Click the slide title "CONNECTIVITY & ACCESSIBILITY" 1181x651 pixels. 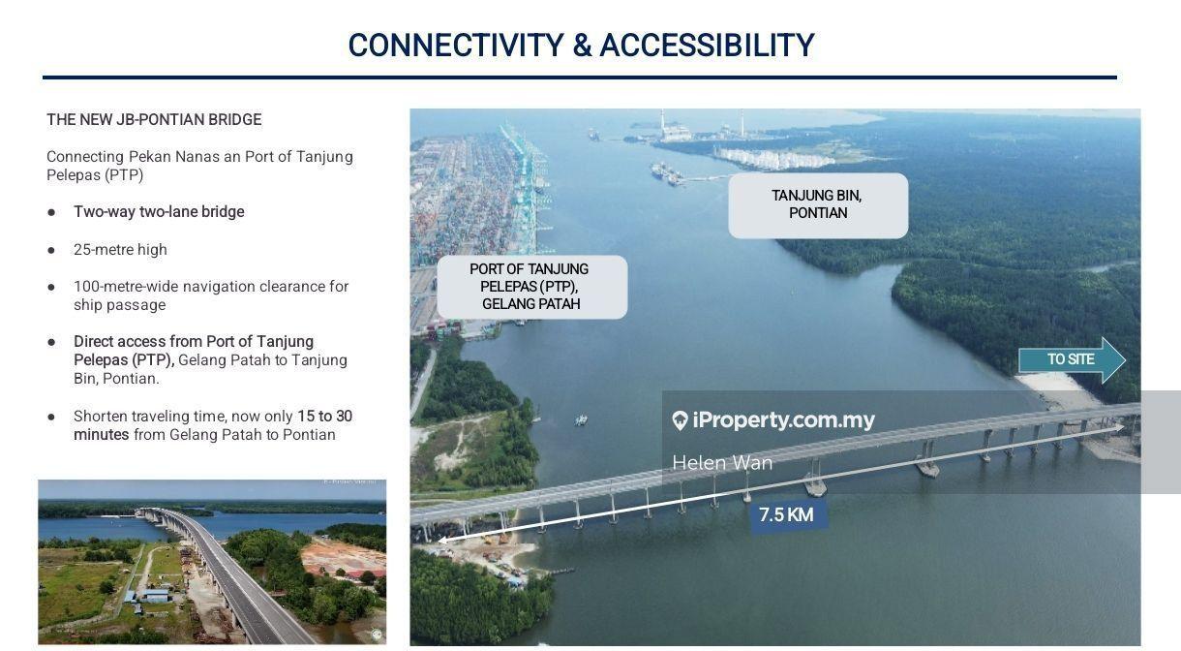click(581, 46)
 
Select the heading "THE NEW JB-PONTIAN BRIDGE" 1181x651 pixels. click(154, 120)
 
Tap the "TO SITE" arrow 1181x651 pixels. click(1072, 359)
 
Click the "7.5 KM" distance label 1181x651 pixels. click(786, 515)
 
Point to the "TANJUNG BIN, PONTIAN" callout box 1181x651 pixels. click(818, 204)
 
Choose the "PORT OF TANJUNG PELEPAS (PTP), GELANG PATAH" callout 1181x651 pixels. click(531, 287)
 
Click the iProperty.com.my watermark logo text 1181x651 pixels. click(783, 420)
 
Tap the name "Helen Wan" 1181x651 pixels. click(722, 463)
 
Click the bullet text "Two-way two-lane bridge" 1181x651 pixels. click(159, 212)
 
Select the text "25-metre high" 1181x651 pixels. click(120, 250)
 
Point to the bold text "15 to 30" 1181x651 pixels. click(324, 417)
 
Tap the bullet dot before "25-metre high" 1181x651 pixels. click(52, 250)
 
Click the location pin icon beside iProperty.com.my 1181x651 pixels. click(680, 420)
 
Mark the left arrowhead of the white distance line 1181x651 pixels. click(442, 539)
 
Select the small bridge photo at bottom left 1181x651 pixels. click(212, 562)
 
